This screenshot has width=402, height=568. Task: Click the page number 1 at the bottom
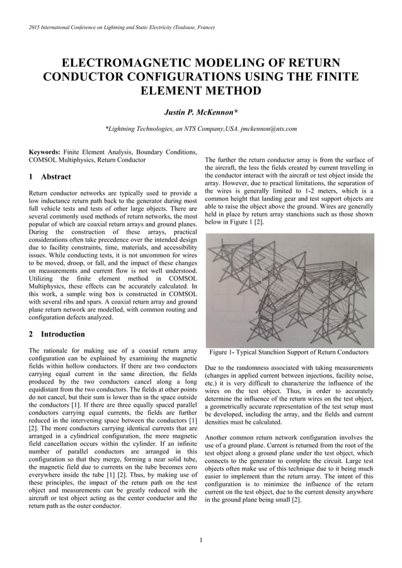[x=200, y=540]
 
